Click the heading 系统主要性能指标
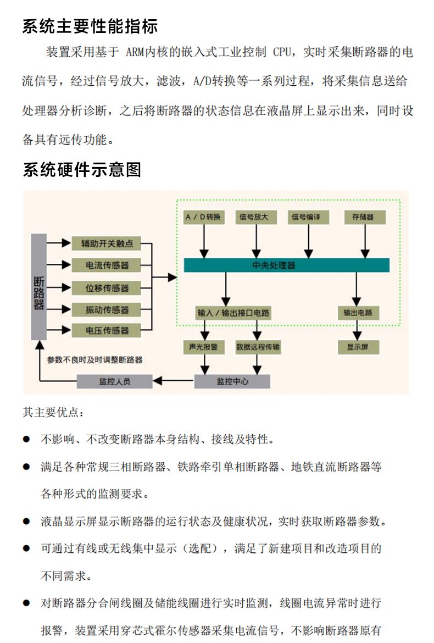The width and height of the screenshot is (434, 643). coord(90,26)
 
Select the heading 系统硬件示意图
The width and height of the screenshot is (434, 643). coord(82,169)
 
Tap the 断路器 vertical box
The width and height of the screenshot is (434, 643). coord(38,286)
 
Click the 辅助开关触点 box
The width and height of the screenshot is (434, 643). coord(107,243)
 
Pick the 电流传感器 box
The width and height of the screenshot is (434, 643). coord(107,265)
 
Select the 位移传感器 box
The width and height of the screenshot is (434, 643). coord(107,287)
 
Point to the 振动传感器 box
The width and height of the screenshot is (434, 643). coord(107,309)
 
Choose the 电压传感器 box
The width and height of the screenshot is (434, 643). coord(107,331)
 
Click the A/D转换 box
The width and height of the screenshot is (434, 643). coord(204,217)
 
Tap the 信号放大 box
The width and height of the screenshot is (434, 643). coord(254,217)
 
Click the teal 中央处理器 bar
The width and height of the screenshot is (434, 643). coord(286,265)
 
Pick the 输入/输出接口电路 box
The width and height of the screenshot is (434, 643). coord(233,313)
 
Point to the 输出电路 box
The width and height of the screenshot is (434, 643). coord(358,313)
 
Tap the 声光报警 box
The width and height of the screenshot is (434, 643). coord(203,347)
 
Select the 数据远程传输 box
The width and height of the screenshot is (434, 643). coord(258,347)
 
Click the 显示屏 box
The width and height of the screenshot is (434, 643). coord(358,347)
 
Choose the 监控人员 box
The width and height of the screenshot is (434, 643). coord(114,381)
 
